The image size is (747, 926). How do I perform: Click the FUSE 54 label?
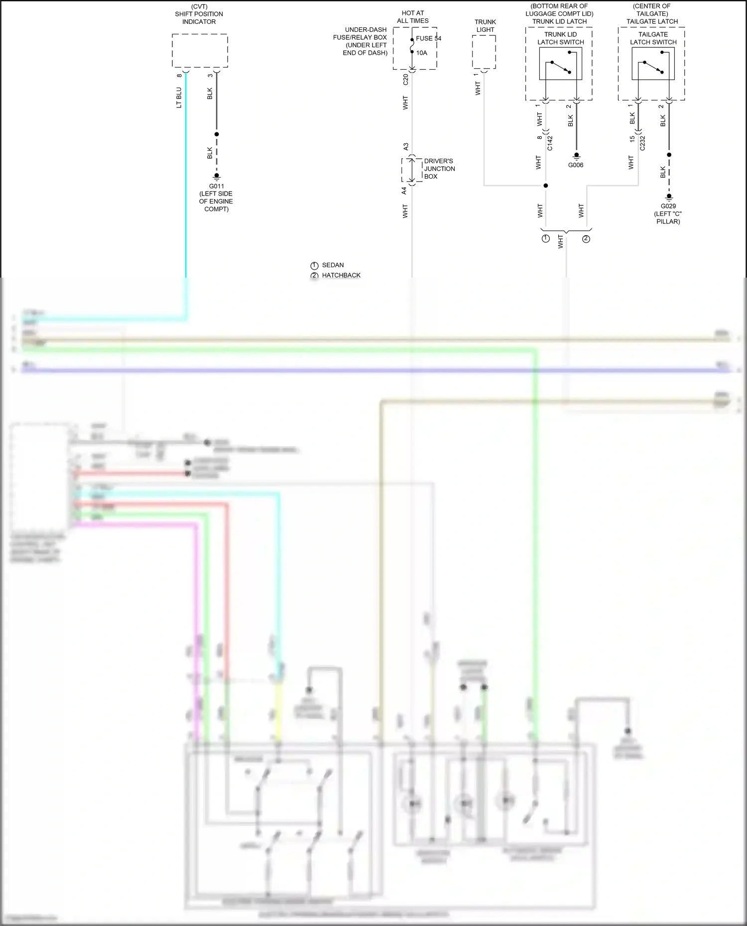pyautogui.click(x=428, y=38)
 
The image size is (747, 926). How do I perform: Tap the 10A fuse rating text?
pyautogui.click(x=422, y=53)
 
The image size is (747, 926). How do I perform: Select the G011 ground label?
pyautogui.click(x=216, y=186)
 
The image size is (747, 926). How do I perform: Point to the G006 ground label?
pyautogui.click(x=576, y=165)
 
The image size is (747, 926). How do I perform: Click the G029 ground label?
pyautogui.click(x=668, y=206)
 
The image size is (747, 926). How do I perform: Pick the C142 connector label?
pyautogui.click(x=550, y=143)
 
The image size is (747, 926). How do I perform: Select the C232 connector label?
pyautogui.click(x=642, y=143)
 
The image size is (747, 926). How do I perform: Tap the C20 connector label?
pyautogui.click(x=405, y=80)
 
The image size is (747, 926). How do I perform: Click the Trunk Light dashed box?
pyautogui.click(x=484, y=52)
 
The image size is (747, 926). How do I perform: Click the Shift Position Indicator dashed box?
pyautogui.click(x=200, y=50)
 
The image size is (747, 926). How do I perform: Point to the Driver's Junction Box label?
pyautogui.click(x=439, y=169)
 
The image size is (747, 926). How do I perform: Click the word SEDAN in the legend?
pyautogui.click(x=333, y=265)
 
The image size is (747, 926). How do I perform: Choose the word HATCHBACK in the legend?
pyautogui.click(x=341, y=275)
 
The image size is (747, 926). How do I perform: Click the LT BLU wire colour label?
pyautogui.click(x=179, y=98)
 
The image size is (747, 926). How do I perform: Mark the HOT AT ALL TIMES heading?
pyautogui.click(x=413, y=17)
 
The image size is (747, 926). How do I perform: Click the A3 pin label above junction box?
pyautogui.click(x=405, y=147)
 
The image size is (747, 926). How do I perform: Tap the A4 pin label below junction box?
pyautogui.click(x=404, y=191)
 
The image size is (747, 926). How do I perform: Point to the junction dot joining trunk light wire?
pyautogui.click(x=546, y=186)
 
